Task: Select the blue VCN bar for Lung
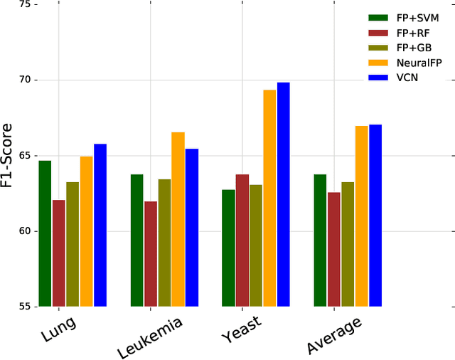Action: coord(100,225)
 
